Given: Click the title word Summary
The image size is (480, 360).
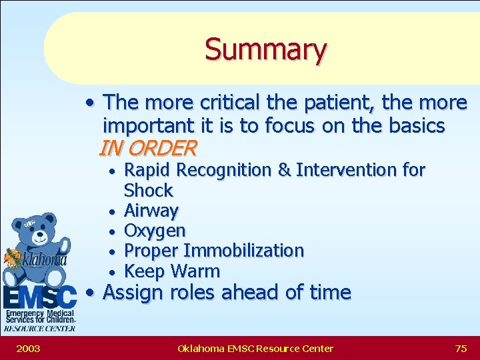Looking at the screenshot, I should pyautogui.click(x=265, y=49).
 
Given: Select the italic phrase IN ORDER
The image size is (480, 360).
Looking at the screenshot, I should pyautogui.click(x=147, y=147).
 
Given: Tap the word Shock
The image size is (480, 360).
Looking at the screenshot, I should pyautogui.click(x=148, y=191).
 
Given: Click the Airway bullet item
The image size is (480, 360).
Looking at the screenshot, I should pyautogui.click(x=151, y=211).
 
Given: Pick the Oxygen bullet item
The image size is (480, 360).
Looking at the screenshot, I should pyautogui.click(x=155, y=231).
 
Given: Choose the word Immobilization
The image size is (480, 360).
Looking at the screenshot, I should pyautogui.click(x=243, y=251).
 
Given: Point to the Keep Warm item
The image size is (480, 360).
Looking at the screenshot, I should pyautogui.click(x=172, y=271).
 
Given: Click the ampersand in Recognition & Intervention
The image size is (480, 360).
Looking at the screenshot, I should pyautogui.click(x=284, y=171).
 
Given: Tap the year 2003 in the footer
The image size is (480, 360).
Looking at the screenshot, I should pyautogui.click(x=27, y=348).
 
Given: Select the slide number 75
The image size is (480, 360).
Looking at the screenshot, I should pyautogui.click(x=461, y=348).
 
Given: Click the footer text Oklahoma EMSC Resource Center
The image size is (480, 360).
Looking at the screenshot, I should pyautogui.click(x=255, y=348).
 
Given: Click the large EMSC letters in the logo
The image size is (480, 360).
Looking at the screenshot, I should pyautogui.click(x=40, y=296).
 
